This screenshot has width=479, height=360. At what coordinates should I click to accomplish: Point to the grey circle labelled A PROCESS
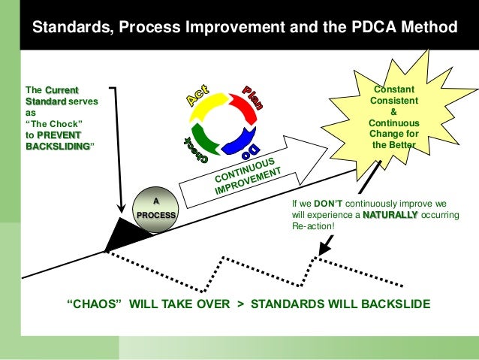point(156,208)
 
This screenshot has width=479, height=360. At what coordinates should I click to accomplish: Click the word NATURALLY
point(390,215)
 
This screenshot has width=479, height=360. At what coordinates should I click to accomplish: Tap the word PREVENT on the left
point(61,135)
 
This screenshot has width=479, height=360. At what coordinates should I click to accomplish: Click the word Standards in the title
point(65,28)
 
